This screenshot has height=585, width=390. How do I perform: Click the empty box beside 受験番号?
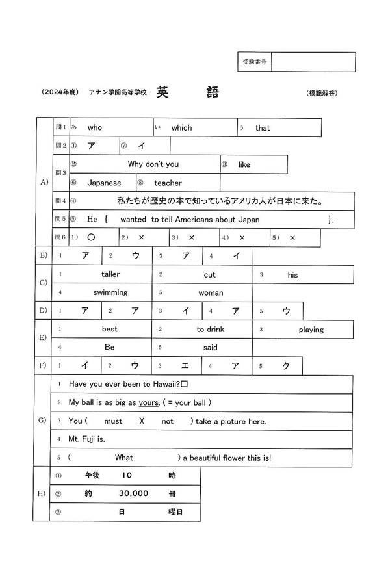315,62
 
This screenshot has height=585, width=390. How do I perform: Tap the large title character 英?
164,92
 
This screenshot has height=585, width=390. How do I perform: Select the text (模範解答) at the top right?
321,93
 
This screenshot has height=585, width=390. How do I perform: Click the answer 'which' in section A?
181,128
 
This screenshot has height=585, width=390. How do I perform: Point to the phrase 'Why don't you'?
153,164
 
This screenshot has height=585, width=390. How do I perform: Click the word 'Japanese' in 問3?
104,183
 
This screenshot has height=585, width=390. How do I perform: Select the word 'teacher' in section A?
168,183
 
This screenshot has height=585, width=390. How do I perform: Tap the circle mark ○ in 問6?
91,238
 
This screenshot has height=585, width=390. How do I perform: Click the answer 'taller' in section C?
110,275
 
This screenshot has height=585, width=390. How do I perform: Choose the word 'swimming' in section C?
110,293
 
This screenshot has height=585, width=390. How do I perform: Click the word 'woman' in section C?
211,293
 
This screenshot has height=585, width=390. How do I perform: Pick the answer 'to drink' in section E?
210,330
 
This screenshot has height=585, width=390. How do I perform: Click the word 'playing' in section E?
311,330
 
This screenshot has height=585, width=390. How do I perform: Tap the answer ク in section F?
286,366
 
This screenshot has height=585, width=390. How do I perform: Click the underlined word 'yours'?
149,402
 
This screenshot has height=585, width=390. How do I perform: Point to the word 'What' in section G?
123,458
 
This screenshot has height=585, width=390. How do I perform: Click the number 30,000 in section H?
133,493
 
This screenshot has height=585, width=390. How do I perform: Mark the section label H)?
42,493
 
